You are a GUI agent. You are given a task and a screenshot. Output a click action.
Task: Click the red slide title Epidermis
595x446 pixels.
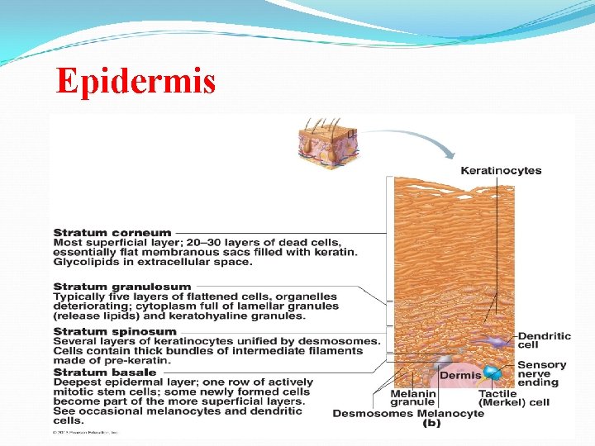(136, 82)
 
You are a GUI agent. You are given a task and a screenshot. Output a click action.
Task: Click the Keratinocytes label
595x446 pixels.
(501, 171)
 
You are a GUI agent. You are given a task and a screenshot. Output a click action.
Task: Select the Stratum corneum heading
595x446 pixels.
(112, 233)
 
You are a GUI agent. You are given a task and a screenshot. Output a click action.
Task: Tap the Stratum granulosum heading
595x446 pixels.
(121, 287)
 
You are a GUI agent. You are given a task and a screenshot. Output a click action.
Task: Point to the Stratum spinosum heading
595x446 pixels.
(115, 331)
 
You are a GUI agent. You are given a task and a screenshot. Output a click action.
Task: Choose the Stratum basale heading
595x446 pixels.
(106, 372)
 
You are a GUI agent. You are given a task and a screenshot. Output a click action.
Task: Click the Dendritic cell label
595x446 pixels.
(544, 340)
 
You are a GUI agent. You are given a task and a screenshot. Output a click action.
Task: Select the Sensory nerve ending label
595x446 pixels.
(542, 373)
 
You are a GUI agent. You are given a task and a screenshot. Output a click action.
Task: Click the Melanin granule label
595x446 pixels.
(413, 398)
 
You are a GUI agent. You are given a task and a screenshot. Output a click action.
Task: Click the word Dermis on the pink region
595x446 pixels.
(459, 375)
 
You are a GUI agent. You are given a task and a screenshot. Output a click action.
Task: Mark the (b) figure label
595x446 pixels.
(431, 423)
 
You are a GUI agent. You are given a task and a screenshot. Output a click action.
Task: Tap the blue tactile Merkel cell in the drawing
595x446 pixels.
(493, 375)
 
